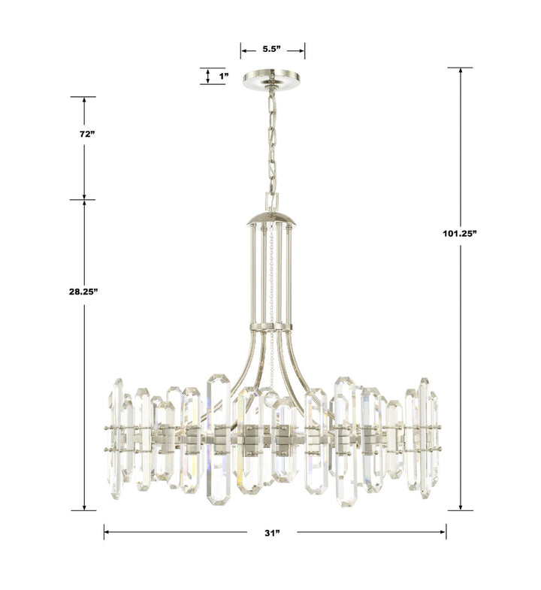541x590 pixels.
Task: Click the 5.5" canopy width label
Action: tap(272, 50)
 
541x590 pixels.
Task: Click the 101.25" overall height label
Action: tap(459, 234)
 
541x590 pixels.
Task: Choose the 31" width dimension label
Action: tap(271, 532)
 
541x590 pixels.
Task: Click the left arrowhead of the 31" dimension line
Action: tap(107, 532)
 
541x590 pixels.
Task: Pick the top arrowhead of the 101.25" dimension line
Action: tap(459, 71)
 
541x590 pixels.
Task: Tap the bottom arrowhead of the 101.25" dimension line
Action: tap(459, 507)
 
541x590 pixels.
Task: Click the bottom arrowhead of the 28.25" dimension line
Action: tap(85, 507)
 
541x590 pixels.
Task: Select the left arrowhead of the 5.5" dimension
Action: tap(243, 50)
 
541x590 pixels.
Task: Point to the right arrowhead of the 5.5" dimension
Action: tap(302, 50)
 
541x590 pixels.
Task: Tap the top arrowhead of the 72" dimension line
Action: tap(85, 100)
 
